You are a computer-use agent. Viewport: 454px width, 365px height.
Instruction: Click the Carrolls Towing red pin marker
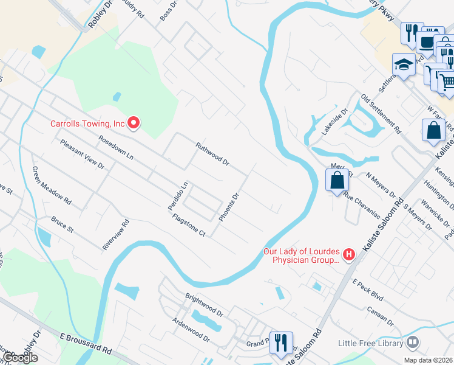click(x=133, y=123)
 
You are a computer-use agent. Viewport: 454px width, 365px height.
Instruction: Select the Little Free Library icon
click(x=413, y=343)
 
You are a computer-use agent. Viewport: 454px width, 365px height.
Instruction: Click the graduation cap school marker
click(x=403, y=66)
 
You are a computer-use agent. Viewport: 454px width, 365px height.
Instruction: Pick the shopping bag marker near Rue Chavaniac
click(x=337, y=180)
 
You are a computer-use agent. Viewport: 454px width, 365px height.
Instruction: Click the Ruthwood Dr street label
click(x=212, y=155)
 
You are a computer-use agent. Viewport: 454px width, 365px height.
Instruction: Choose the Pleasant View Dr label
click(x=82, y=154)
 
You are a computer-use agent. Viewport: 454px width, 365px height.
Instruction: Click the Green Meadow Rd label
click(x=52, y=185)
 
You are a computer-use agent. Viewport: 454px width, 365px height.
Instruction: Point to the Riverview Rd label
click(x=116, y=234)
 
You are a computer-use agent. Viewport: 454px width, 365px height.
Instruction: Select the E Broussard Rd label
click(x=86, y=342)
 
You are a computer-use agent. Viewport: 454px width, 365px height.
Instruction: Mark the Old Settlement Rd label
click(x=381, y=114)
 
